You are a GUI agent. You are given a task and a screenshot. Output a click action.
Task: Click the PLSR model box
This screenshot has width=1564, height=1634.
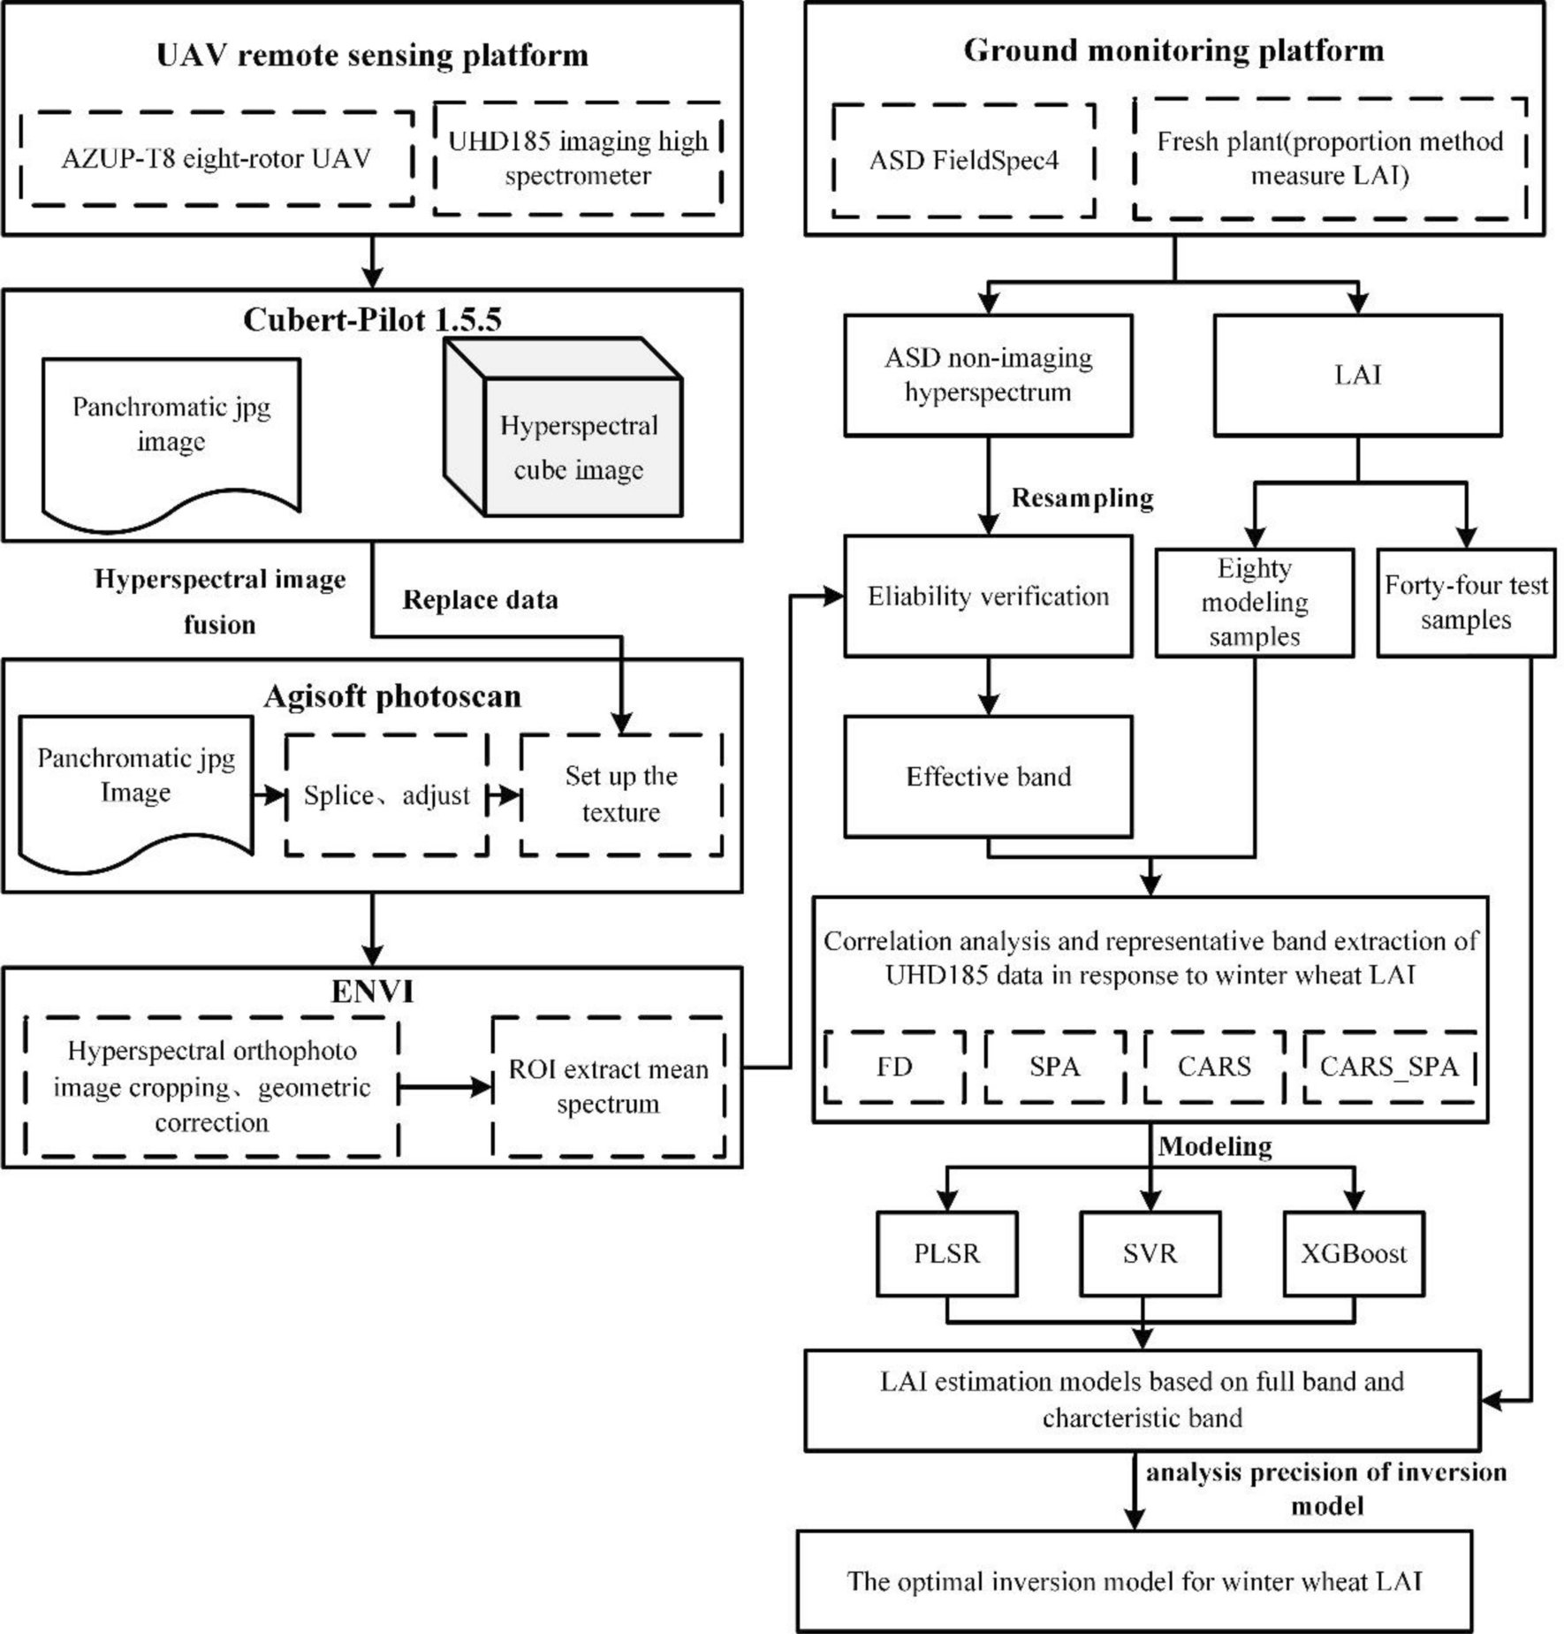click(946, 1253)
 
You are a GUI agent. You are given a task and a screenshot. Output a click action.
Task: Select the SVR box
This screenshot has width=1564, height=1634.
click(1150, 1253)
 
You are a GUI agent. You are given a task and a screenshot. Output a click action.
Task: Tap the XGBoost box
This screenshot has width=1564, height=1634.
click(1353, 1253)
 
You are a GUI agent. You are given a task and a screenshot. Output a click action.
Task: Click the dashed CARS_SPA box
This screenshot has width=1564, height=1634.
click(1389, 1067)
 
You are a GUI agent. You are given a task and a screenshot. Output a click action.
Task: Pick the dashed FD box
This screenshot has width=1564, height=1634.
click(894, 1067)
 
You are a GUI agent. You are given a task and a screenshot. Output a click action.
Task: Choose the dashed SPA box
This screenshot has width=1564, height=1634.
click(1054, 1067)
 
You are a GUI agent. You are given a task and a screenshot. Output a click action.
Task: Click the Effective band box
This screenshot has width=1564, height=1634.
click(988, 777)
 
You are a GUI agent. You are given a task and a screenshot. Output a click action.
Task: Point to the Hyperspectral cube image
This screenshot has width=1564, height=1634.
click(579, 447)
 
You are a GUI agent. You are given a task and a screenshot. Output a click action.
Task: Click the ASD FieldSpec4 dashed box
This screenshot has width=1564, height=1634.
click(963, 160)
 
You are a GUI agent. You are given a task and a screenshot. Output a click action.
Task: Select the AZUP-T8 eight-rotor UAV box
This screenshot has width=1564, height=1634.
click(216, 159)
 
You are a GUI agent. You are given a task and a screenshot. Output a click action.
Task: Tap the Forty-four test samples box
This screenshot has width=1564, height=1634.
click(1465, 603)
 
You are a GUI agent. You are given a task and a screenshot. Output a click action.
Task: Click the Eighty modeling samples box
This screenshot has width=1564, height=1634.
click(1254, 603)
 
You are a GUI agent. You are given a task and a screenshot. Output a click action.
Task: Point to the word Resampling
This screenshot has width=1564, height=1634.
click(1082, 498)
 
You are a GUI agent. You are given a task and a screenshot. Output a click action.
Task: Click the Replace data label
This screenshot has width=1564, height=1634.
click(480, 600)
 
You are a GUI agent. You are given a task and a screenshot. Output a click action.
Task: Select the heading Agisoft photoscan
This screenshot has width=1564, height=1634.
click(391, 696)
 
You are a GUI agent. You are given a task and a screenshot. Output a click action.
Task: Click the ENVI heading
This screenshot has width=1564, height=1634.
click(372, 991)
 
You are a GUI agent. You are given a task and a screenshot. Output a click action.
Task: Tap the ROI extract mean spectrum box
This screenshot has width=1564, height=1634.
click(608, 1086)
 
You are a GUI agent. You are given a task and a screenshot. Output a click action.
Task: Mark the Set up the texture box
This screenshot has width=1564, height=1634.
click(621, 794)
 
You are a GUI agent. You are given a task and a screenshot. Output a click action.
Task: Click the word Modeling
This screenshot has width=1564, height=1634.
click(1215, 1146)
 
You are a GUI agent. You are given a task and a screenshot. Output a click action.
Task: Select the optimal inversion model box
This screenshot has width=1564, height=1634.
click(1135, 1581)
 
